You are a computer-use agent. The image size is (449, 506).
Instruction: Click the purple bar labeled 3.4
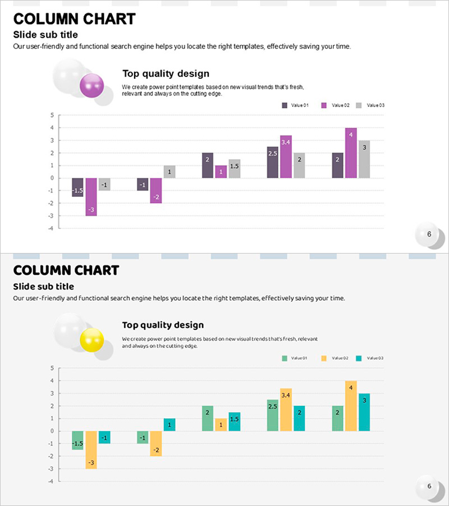pyautogui.click(x=286, y=157)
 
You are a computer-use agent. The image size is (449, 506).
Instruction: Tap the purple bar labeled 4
pyautogui.click(x=351, y=153)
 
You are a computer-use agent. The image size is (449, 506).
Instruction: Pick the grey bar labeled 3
pyautogui.click(x=364, y=159)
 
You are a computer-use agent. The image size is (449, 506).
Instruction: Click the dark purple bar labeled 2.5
pyautogui.click(x=273, y=162)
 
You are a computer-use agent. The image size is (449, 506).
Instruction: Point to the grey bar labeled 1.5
pyautogui.click(x=234, y=169)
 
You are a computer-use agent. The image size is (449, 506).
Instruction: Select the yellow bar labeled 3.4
pyautogui.click(x=286, y=410)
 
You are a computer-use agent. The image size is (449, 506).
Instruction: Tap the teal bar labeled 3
pyautogui.click(x=364, y=412)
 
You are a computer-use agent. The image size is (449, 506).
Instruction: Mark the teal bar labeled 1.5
pyautogui.click(x=234, y=422)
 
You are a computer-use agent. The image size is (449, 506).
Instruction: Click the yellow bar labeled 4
pyautogui.click(x=351, y=406)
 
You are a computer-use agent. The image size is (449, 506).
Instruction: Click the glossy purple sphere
pyautogui.click(x=92, y=85)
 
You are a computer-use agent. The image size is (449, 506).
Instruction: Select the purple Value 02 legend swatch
pyautogui.click(x=324, y=105)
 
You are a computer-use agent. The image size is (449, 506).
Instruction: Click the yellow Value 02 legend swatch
pyautogui.click(x=324, y=358)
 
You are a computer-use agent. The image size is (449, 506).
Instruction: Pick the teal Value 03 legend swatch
pyautogui.click(x=359, y=358)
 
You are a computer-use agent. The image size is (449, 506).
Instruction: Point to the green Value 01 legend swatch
pyautogui.click(x=285, y=358)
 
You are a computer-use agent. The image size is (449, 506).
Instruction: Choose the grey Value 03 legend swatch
pyautogui.click(x=359, y=105)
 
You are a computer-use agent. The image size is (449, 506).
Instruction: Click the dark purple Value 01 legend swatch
pyautogui.click(x=285, y=105)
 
